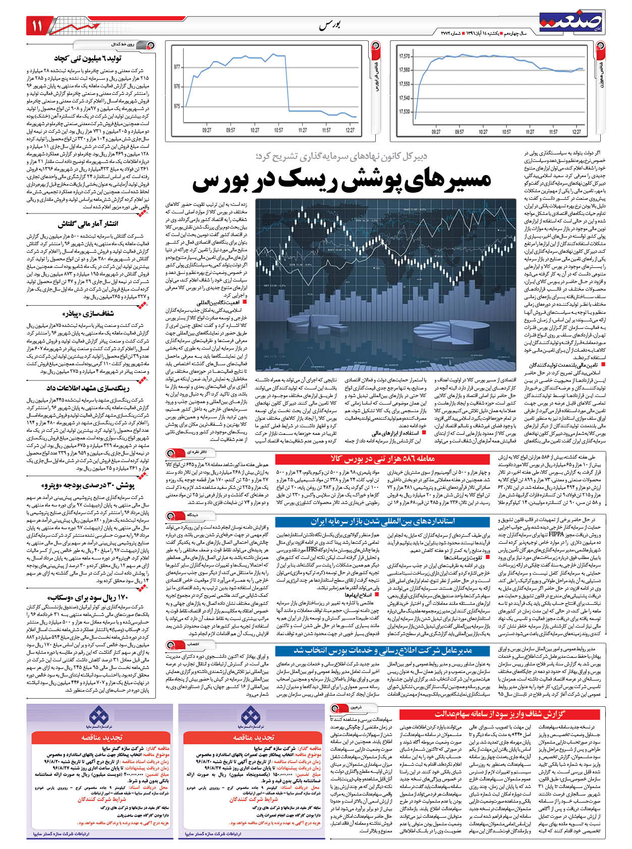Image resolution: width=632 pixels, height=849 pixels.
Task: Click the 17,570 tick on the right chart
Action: (405, 56)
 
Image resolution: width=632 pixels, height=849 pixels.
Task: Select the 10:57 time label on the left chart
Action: (278, 130)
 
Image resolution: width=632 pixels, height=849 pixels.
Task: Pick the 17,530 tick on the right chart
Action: (405, 111)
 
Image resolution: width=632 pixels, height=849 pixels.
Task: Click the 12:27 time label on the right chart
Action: (577, 132)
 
